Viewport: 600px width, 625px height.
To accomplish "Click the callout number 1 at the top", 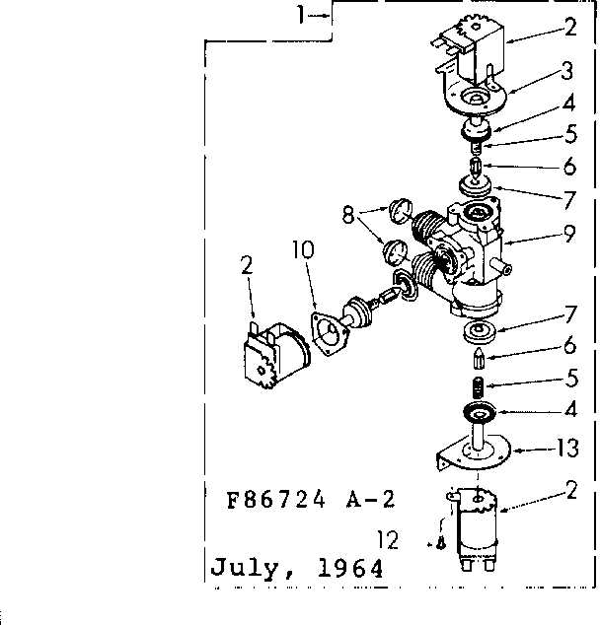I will point(304,15).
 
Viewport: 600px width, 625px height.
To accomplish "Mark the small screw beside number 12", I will point(442,542).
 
